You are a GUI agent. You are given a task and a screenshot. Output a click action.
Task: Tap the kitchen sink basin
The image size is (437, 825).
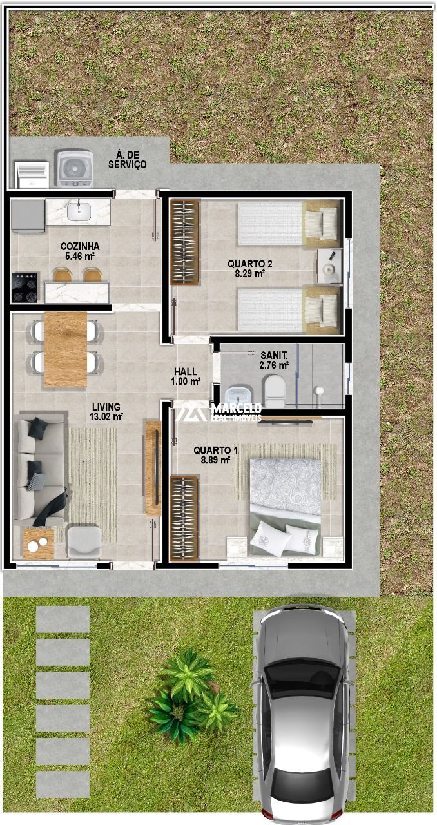click(x=79, y=211)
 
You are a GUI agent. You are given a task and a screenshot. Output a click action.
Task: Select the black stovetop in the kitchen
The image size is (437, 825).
click(x=24, y=287)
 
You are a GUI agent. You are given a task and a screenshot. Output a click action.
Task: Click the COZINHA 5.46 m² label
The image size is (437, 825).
click(x=80, y=251)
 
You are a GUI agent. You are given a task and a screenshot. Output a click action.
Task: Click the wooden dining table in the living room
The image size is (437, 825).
click(x=65, y=349)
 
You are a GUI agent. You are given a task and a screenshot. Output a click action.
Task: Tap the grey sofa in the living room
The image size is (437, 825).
click(x=40, y=469)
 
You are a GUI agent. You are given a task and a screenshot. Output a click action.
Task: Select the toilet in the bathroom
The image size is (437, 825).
click(x=275, y=391)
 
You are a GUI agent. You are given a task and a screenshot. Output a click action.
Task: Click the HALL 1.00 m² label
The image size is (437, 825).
click(x=186, y=376)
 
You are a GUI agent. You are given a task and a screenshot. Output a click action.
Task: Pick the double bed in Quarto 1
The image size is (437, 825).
click(x=285, y=507)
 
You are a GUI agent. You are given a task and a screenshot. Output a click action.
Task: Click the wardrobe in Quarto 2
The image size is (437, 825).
click(x=185, y=242)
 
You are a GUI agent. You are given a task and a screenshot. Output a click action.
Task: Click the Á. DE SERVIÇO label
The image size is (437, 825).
click(x=127, y=159)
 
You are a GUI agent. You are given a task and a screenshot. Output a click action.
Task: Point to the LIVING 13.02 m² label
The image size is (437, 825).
click(x=106, y=411)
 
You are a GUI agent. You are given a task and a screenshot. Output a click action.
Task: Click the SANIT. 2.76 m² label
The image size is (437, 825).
click(x=274, y=360)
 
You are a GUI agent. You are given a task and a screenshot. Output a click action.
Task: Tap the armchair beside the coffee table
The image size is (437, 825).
click(x=84, y=542)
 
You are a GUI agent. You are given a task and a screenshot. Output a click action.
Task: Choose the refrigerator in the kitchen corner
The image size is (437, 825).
click(x=28, y=216)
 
